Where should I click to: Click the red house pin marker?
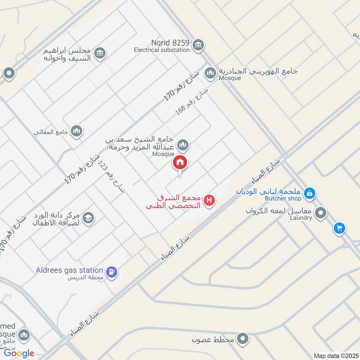tap(180, 163)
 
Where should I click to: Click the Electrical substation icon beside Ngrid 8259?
tap(198, 45)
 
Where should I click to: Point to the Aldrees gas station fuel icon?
tap(112, 272)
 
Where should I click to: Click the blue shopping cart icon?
tap(339, 228)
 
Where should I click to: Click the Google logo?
tap(19, 353)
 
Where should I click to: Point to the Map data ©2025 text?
tap(335, 355)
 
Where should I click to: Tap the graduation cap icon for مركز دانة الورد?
tap(88, 218)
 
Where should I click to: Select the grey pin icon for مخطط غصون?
tap(243, 338)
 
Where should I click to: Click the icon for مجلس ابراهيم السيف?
tap(100, 53)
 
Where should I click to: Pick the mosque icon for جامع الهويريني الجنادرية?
tap(210, 72)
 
